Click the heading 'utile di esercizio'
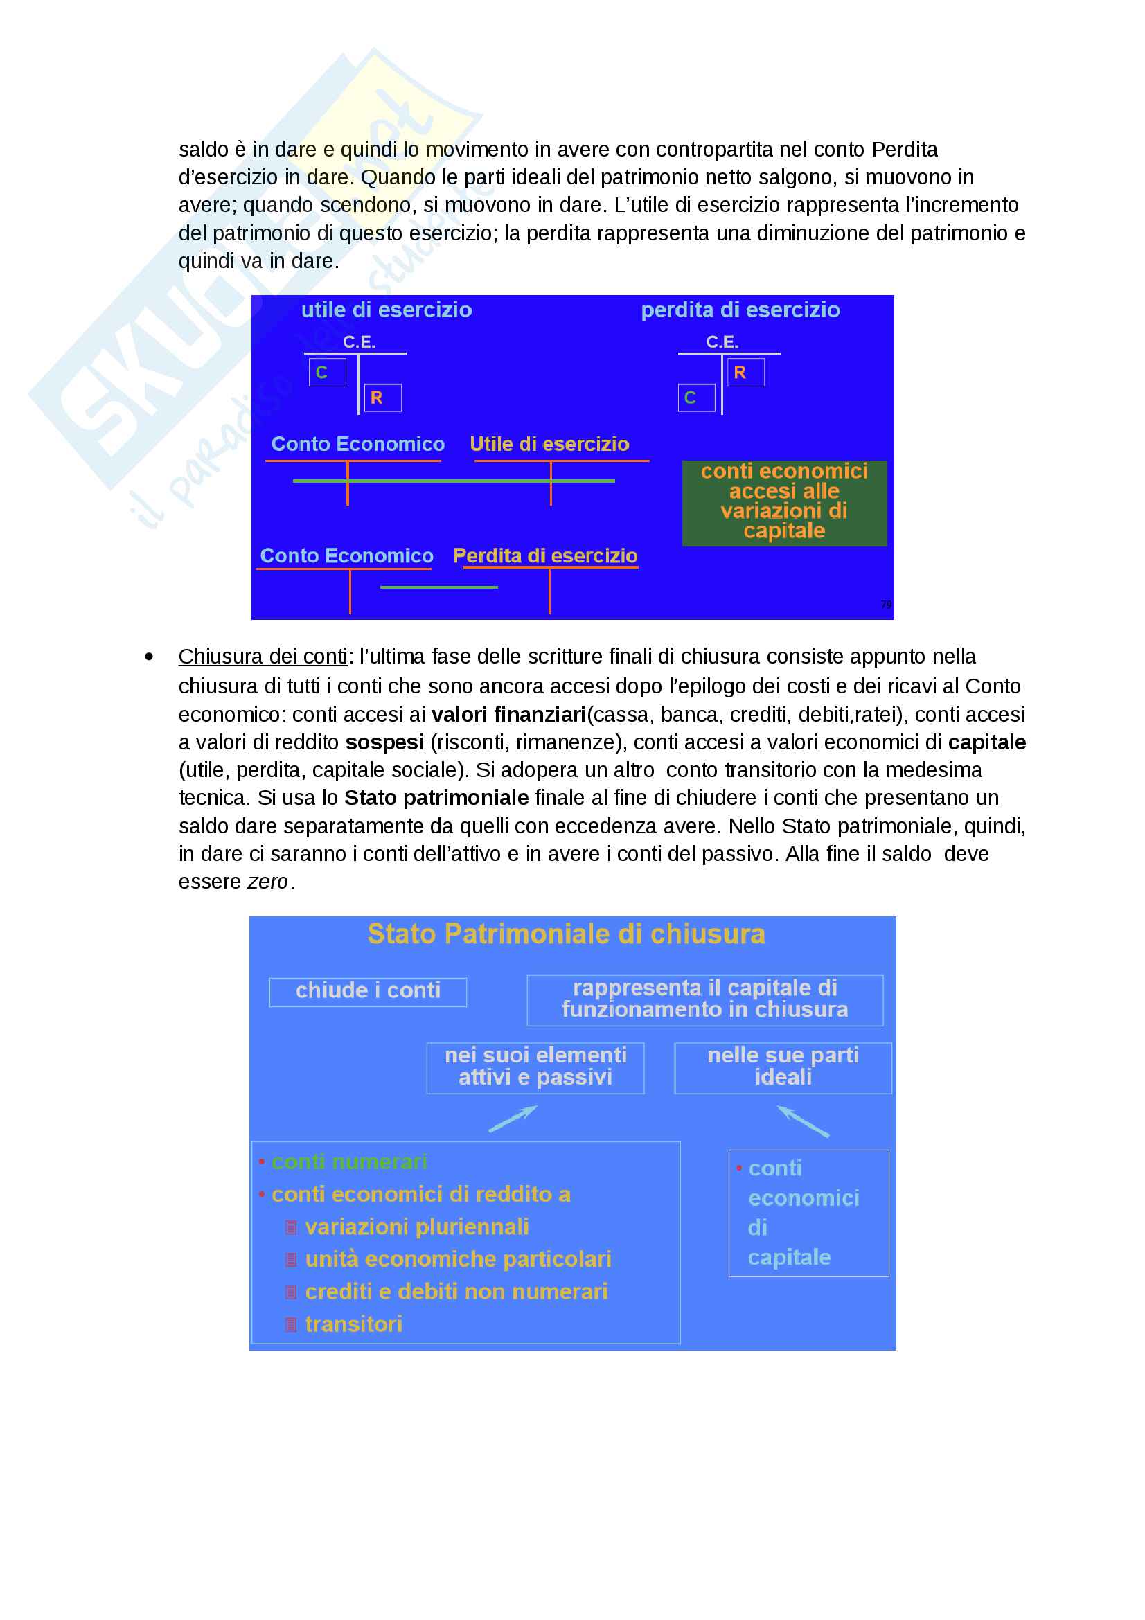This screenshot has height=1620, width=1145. point(386,310)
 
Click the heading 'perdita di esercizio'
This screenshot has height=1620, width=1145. point(740,310)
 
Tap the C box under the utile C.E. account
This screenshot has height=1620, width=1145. point(327,372)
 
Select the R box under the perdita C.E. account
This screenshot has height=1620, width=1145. point(746,372)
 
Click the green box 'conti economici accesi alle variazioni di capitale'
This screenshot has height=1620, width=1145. point(784,501)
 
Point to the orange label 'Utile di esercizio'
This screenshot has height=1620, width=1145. point(549,444)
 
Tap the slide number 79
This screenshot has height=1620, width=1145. point(885,604)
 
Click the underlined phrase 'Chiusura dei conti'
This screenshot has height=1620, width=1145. point(263,656)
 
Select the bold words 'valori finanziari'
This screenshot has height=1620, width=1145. point(508,714)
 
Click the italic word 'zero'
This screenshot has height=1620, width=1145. point(267,881)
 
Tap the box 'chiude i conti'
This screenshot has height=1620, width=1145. point(368,990)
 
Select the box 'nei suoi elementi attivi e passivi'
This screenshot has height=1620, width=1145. point(535,1066)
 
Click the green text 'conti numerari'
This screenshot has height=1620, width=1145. point(349,1161)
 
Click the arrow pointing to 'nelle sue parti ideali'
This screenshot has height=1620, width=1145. point(803,1121)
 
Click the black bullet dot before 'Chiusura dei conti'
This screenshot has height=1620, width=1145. point(149,657)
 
